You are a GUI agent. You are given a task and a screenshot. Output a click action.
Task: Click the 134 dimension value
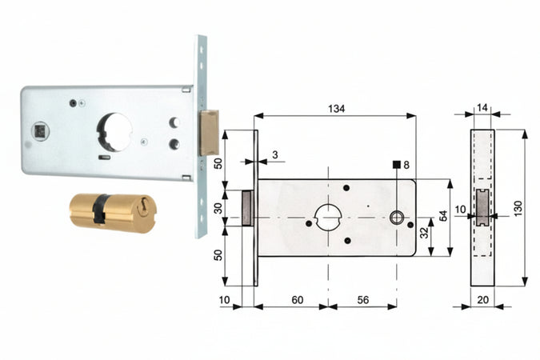coord(337,109)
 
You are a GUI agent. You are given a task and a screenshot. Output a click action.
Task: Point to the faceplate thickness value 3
coord(274,154)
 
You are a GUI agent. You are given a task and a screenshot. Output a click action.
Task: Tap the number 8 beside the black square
coord(406,165)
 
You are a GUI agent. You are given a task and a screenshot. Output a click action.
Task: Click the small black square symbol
coord(396,165)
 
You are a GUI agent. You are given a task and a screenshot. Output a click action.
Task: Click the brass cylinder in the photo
coord(113,212)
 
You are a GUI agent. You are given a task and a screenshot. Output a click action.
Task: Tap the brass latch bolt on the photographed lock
coord(209,132)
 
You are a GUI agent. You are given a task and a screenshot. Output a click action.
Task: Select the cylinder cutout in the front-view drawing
coord(328,216)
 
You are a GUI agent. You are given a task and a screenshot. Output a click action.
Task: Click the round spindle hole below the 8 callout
coord(396,218)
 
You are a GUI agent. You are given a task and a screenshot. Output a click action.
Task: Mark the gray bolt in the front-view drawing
coord(249,207)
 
